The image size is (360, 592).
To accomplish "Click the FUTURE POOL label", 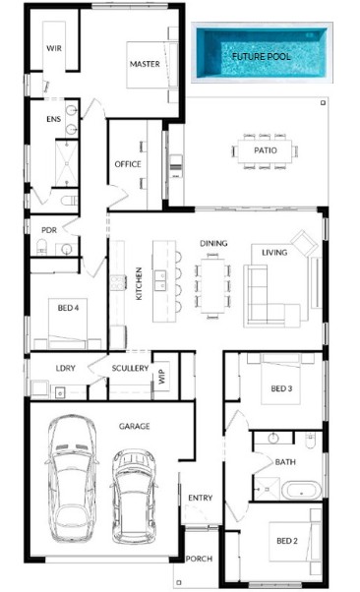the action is coord(261,57).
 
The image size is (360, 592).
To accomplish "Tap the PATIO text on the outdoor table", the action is coord(266,150).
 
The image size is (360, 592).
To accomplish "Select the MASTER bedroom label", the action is coord(145,64).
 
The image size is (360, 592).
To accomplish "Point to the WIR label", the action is coord(54,48).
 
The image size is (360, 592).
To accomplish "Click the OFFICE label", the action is coord(128,164).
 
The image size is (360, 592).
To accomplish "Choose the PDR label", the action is coord(49,230).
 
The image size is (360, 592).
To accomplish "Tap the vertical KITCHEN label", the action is coord(139,283).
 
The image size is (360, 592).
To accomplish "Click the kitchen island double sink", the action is coord(159,280).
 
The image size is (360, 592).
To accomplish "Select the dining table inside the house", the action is coord(212,285).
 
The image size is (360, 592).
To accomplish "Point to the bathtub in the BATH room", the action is coord(301,490).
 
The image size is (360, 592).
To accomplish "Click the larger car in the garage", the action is coord(72,479).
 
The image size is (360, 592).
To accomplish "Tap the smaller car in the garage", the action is coord(134,497).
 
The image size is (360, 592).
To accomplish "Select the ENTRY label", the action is coord(201,498).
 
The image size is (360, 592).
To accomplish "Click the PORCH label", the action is coord(199,559).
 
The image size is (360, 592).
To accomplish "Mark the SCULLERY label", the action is coord(130,368).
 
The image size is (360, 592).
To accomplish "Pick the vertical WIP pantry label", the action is coord(162,377).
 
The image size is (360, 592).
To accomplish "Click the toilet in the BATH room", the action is coord(310,441).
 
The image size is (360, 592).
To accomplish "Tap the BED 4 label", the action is coord(69,308).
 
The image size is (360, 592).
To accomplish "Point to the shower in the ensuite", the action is coord(67,163).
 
